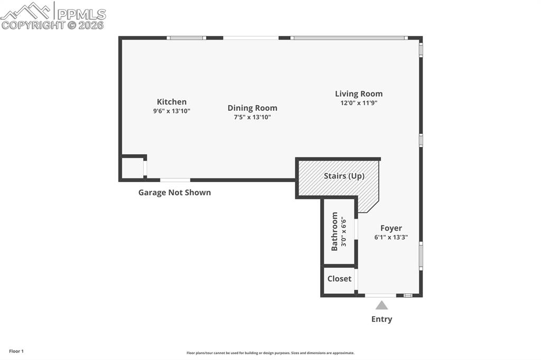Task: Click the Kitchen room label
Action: [172, 102]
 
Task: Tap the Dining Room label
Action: [253, 108]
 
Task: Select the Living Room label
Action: [359, 94]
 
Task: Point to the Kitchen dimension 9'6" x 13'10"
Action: [172, 111]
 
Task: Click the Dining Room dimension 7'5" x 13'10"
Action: [253, 117]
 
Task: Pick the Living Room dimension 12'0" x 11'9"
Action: [359, 103]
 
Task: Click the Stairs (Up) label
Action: [344, 176]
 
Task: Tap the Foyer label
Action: [391, 228]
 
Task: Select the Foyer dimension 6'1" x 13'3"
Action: [391, 238]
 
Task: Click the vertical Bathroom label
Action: [334, 231]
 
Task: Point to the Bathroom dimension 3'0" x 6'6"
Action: [343, 231]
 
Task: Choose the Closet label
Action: [339, 279]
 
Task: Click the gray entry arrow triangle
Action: [382, 305]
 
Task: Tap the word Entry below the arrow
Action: [381, 319]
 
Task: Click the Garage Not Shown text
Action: [174, 193]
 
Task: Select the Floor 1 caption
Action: [16, 351]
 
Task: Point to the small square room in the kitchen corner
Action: [132, 168]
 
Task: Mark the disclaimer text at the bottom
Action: [270, 353]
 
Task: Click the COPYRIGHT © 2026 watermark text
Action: [53, 25]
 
